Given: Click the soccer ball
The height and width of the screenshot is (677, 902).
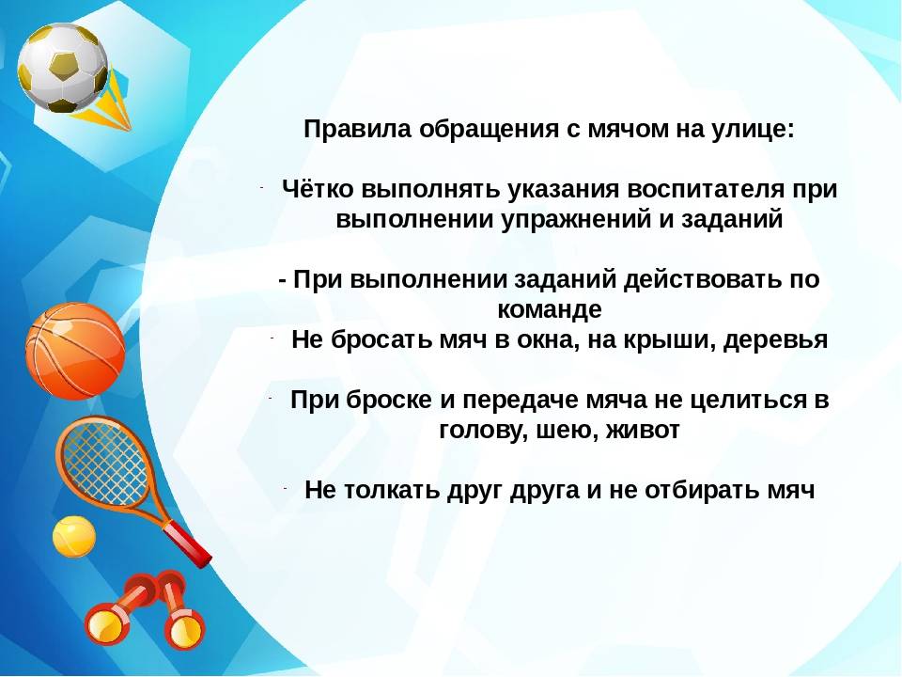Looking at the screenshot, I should point(63,68).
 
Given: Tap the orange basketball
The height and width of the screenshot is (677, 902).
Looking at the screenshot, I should point(74,351).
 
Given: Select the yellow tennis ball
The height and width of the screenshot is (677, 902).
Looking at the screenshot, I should point(73,536).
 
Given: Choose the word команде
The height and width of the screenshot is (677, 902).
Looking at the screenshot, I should point(549,310).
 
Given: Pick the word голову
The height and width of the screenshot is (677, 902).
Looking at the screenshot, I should point(479,431).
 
